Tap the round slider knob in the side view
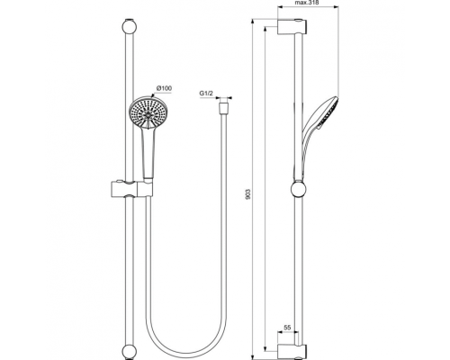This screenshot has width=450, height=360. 298,189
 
